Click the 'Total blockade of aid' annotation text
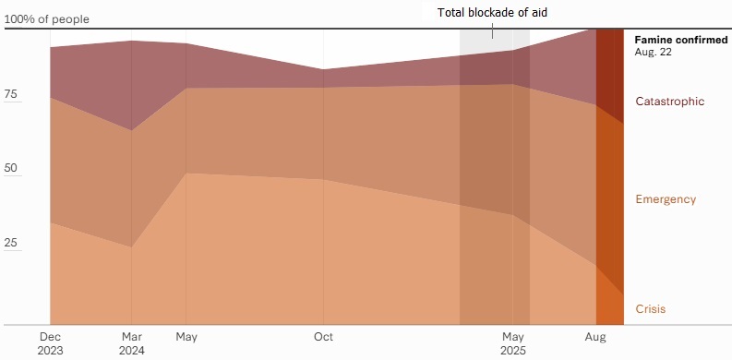(x=492, y=13)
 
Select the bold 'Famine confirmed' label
(x=680, y=40)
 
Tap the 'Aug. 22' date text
(x=654, y=52)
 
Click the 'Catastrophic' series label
(x=670, y=102)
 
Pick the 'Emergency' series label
(x=666, y=199)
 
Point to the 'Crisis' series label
(x=650, y=309)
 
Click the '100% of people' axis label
(x=46, y=19)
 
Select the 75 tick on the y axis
(x=10, y=94)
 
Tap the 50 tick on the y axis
(x=10, y=168)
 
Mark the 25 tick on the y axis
(x=10, y=243)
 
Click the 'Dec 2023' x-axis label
(x=50, y=343)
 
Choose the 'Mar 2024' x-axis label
(x=132, y=343)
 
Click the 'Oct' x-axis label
(x=323, y=337)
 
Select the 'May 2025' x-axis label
(x=513, y=343)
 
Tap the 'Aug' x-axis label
(x=595, y=337)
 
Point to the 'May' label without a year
(x=186, y=337)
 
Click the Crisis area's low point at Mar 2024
(x=132, y=247)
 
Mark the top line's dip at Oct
(x=323, y=69)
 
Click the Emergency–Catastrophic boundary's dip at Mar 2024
(x=132, y=130)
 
